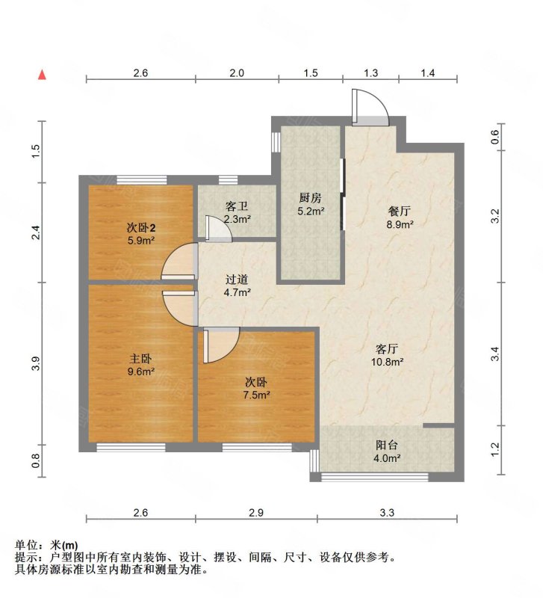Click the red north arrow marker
pyautogui.click(x=43, y=74)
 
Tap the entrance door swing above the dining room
pyautogui.click(x=370, y=108)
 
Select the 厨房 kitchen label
pyautogui.click(x=310, y=198)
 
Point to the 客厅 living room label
pyautogui.click(x=385, y=348)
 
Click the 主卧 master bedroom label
pyautogui.click(x=138, y=357)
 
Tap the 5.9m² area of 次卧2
pyautogui.click(x=139, y=241)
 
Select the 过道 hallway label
pyautogui.click(x=237, y=280)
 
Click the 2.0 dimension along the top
pyautogui.click(x=237, y=73)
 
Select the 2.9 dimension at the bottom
pyautogui.click(x=256, y=513)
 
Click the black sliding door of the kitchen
pyautogui.click(x=342, y=194)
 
